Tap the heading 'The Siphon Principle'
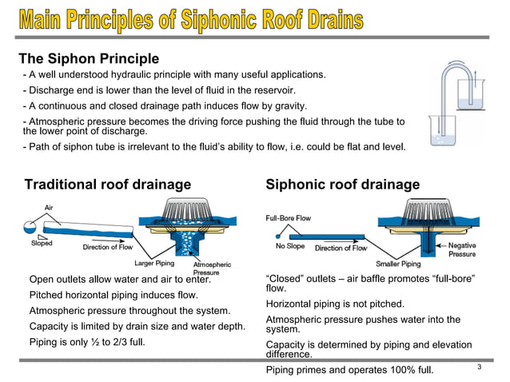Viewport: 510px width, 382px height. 89,59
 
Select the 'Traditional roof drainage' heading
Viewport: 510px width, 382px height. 108,185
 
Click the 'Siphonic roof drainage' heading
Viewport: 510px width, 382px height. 342,185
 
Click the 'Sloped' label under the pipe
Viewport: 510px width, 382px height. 42,244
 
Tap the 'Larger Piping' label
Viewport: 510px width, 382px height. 155,263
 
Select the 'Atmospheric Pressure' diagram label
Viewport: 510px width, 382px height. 211,269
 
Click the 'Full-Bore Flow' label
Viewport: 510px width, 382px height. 288,218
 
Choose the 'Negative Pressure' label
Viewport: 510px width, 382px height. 462,250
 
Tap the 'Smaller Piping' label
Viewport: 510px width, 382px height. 398,264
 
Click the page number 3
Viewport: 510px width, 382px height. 479,367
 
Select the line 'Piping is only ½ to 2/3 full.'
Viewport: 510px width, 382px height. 92,342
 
